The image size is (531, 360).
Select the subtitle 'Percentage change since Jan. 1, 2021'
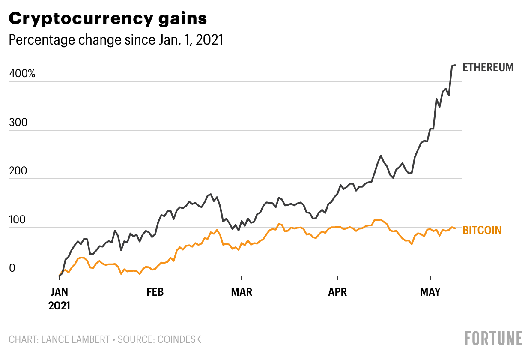[116, 40]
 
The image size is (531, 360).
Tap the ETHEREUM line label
[488, 67]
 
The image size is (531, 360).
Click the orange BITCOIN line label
[482, 230]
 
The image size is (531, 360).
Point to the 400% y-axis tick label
[22, 74]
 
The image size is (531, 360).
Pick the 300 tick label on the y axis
[18, 123]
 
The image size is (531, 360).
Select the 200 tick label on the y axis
[18, 171]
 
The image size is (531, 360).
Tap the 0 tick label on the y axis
[12, 269]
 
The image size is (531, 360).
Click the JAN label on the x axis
[59, 292]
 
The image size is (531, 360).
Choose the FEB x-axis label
[155, 292]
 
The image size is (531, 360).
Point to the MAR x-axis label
[242, 292]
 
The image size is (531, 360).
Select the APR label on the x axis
[337, 292]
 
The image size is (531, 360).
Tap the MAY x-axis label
[430, 292]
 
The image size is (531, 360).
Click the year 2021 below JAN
[59, 306]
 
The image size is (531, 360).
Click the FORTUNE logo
[494, 338]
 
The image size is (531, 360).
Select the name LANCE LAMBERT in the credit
[75, 340]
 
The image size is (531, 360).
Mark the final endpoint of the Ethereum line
[455, 65]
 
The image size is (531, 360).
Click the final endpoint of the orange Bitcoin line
[455, 228]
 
